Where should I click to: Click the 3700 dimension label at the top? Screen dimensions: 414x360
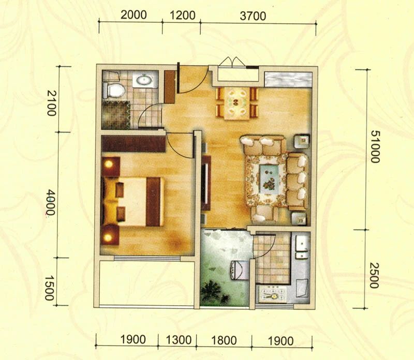[253, 16]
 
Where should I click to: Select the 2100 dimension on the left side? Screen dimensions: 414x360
[51, 103]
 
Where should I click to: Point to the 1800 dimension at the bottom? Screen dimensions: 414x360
[224, 340]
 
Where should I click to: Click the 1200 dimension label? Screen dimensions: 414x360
[183, 16]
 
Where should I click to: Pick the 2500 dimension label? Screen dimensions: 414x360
[374, 275]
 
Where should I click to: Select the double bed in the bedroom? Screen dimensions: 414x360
[131, 202]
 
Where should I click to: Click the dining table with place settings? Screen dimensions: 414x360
[237, 103]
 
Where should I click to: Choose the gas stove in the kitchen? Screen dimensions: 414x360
[273, 294]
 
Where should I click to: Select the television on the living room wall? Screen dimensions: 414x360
[206, 183]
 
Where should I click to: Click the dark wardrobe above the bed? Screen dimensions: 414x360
[134, 144]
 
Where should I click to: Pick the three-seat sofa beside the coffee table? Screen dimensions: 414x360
[297, 182]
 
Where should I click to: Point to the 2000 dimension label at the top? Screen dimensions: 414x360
[134, 15]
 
